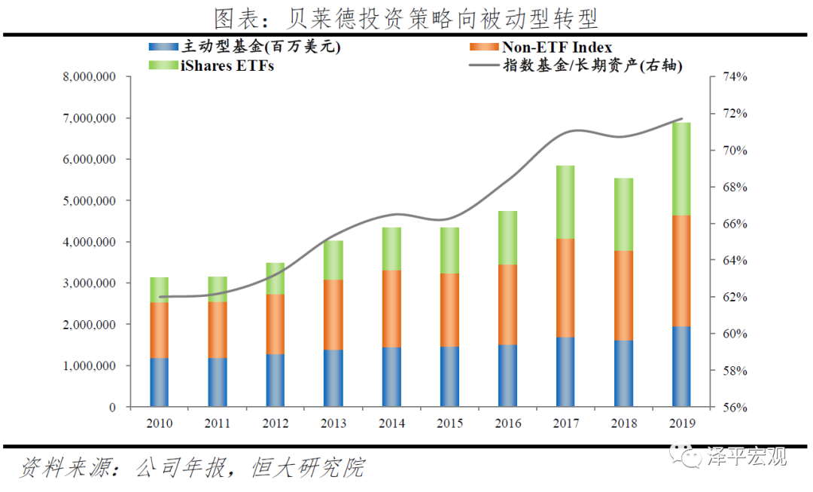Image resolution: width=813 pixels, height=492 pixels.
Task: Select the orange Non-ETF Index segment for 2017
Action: [x=565, y=288]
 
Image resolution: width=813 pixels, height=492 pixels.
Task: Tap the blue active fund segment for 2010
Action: [x=159, y=382]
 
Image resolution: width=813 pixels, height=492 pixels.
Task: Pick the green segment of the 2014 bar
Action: [x=391, y=249]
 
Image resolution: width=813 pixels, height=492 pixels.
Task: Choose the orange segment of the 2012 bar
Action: [x=276, y=324]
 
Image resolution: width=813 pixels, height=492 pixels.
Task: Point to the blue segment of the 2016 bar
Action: [x=507, y=375]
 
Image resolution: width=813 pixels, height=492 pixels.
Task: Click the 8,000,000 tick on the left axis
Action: [x=89, y=77]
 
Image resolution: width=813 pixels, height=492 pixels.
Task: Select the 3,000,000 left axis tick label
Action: [x=89, y=283]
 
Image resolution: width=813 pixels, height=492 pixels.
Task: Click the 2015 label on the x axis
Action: [x=449, y=423]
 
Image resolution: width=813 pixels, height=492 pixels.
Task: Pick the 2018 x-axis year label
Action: [x=623, y=423]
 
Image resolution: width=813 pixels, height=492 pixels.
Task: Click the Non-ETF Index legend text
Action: [x=557, y=47]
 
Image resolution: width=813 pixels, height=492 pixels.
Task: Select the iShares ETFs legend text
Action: [x=227, y=66]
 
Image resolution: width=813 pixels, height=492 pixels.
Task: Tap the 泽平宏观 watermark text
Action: [x=745, y=457]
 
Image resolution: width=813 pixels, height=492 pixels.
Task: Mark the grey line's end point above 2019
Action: [x=682, y=119]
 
